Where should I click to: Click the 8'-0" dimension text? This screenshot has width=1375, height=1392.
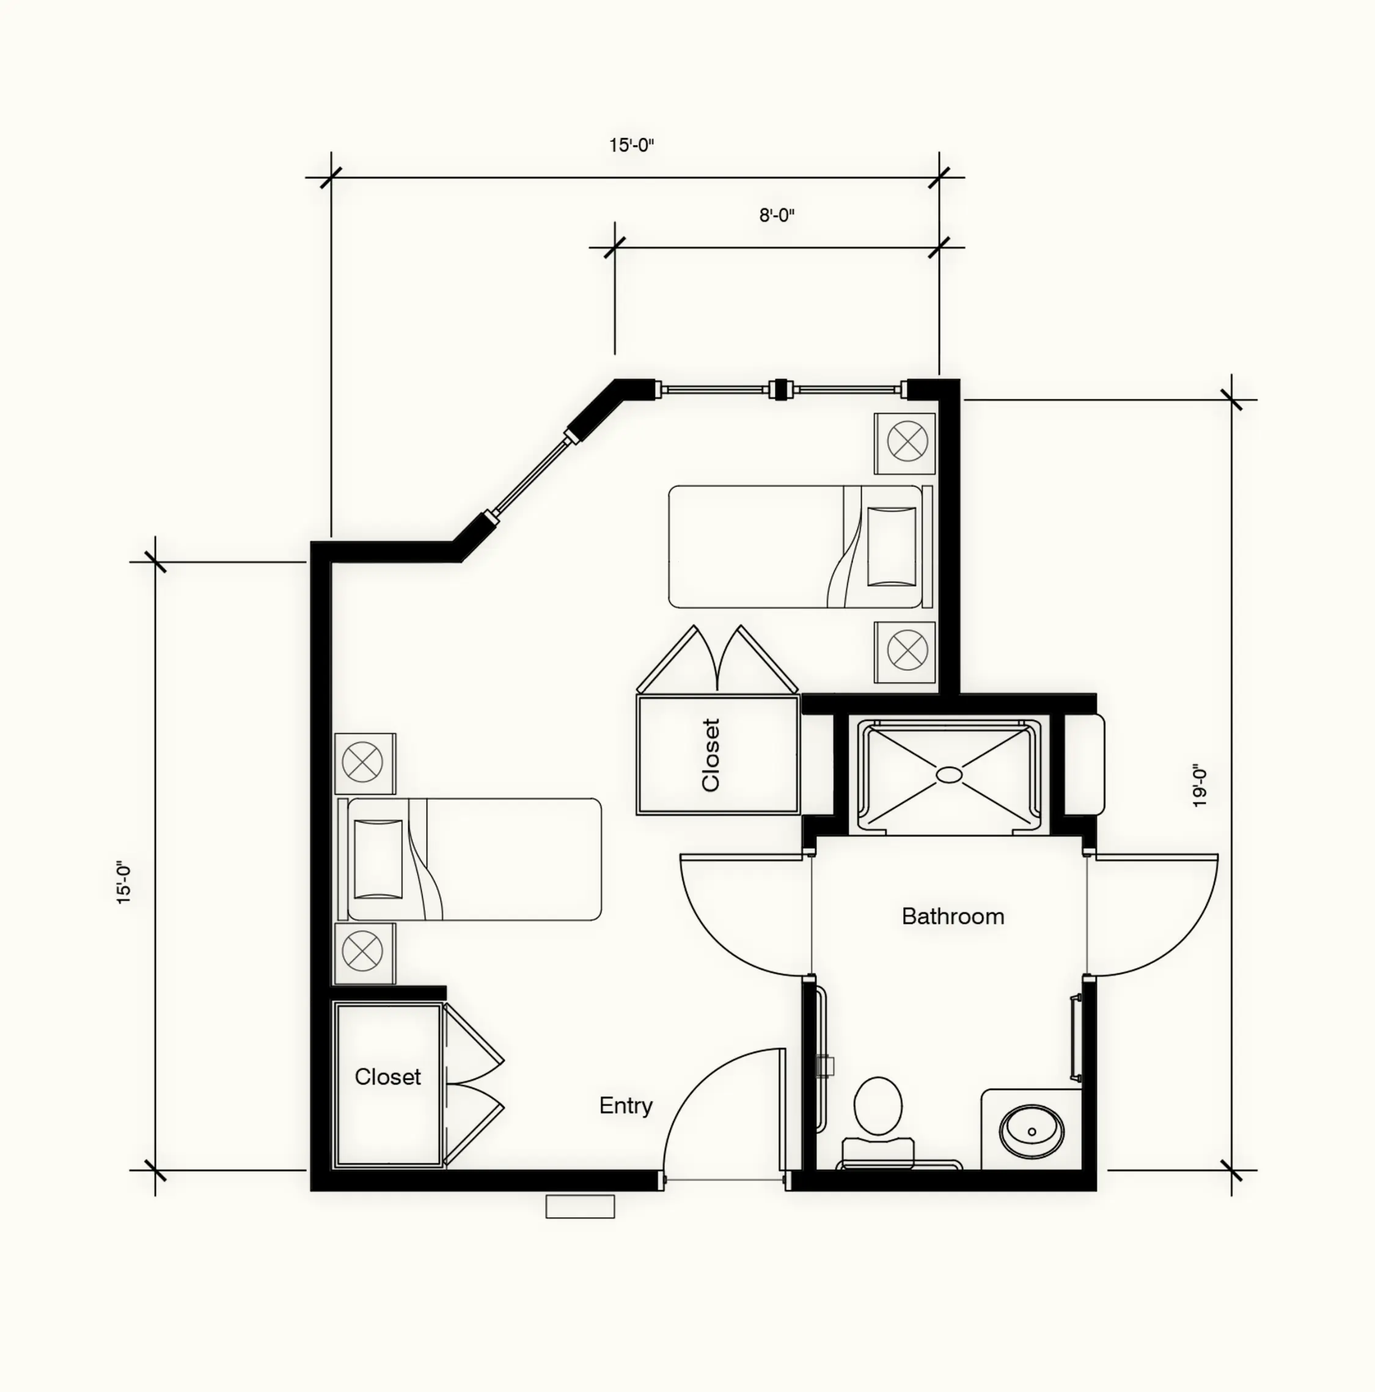tap(776, 216)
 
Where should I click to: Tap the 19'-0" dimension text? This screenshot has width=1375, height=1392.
tap(1199, 785)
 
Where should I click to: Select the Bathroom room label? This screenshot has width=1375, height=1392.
tap(953, 917)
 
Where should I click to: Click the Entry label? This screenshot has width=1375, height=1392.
tap(626, 1105)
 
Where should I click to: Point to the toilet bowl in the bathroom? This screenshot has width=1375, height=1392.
tap(878, 1105)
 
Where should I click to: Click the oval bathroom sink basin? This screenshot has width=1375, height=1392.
tap(1032, 1132)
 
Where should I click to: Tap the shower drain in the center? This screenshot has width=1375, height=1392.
tap(948, 775)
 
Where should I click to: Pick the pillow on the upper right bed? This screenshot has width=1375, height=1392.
tap(892, 547)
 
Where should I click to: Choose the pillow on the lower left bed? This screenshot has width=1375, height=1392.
tap(378, 859)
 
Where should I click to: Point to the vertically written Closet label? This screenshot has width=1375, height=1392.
tap(711, 755)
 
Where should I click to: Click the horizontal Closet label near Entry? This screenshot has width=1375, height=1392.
tap(387, 1077)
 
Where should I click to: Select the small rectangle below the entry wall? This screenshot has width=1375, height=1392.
tap(580, 1207)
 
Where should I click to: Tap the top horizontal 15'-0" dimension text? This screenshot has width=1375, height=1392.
tap(631, 145)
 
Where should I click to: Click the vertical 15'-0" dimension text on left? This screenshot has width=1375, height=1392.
tap(124, 882)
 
